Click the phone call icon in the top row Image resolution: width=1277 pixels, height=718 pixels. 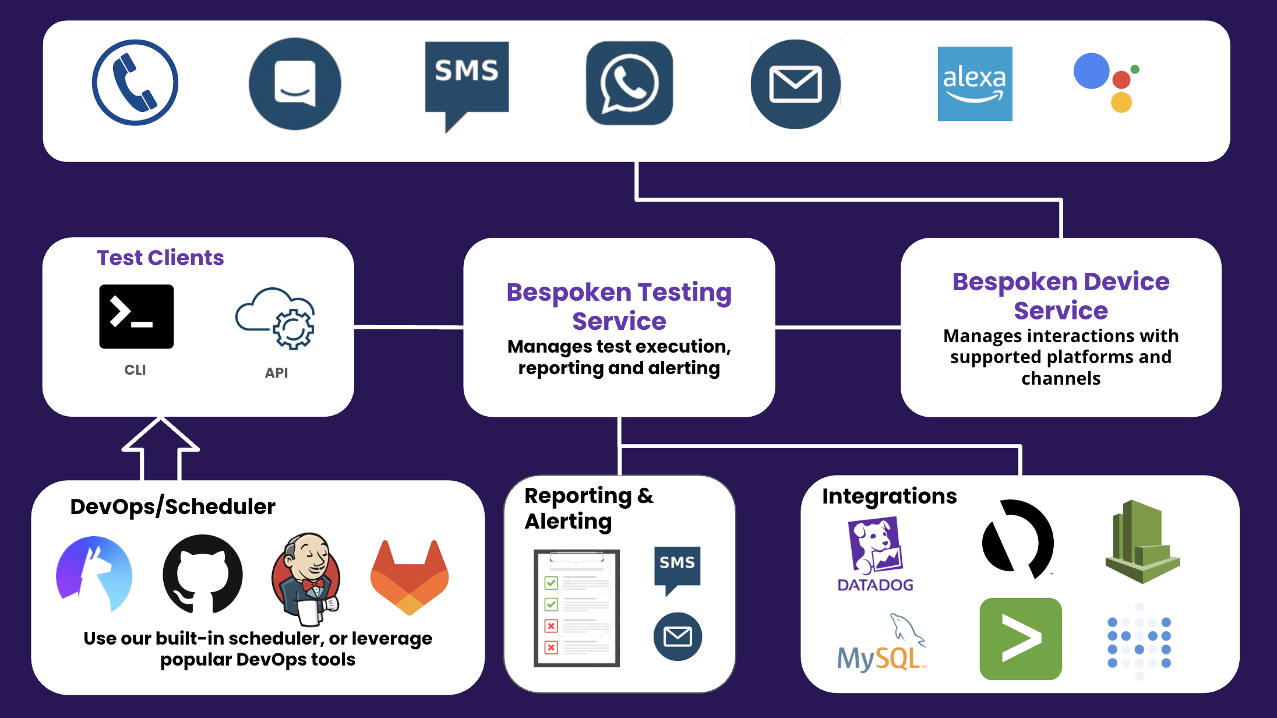click(x=135, y=83)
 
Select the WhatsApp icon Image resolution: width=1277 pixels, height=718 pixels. click(x=629, y=83)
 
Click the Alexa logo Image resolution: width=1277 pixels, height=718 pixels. click(x=975, y=84)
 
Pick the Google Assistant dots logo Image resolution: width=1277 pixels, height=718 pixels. click(x=1105, y=82)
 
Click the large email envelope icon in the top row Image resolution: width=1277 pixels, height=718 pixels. click(x=795, y=84)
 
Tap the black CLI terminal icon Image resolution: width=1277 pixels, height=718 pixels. click(x=136, y=316)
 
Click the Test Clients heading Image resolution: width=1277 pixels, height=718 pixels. click(x=160, y=258)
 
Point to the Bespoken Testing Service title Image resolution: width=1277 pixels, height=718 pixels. click(x=619, y=306)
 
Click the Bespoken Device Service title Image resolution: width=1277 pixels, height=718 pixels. click(x=1060, y=295)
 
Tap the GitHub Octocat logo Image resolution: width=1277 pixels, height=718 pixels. click(x=202, y=574)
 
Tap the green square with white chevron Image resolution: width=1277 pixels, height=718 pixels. click(x=1021, y=639)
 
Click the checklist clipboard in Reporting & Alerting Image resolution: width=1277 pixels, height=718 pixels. click(x=576, y=608)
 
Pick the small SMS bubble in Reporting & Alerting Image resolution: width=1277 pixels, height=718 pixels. click(x=677, y=567)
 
